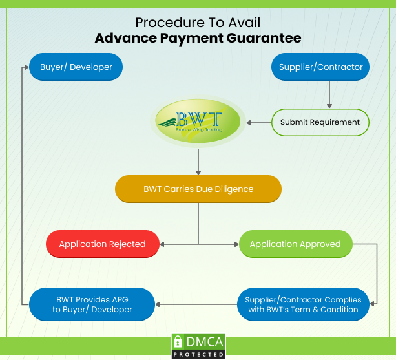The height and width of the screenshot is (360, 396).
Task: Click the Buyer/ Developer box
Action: coord(76,67)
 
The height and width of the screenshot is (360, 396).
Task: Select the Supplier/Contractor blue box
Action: coord(320,67)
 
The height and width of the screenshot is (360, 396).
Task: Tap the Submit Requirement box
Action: coord(320,122)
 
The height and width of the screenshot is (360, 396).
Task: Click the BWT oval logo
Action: coord(198,121)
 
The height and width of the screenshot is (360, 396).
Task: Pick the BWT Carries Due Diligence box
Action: coord(198,189)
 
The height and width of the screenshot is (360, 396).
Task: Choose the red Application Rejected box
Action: coord(102,244)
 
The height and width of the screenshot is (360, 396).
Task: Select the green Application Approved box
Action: coord(295,244)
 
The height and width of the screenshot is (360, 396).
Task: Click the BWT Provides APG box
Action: coord(92,304)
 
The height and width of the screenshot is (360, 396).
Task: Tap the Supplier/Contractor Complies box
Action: coord(303,304)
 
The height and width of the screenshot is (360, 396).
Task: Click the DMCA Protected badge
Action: coord(198,346)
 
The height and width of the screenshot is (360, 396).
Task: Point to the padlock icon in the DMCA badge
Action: coord(178,343)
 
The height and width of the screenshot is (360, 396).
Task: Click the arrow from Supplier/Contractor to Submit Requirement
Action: coord(329,94)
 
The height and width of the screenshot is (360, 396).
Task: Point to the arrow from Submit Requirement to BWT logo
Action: coord(258,122)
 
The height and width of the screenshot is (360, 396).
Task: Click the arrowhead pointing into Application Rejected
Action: coord(162,244)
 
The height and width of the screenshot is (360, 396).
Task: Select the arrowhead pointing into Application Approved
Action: coord(236,244)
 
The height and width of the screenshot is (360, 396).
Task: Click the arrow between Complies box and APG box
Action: coord(196,304)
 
